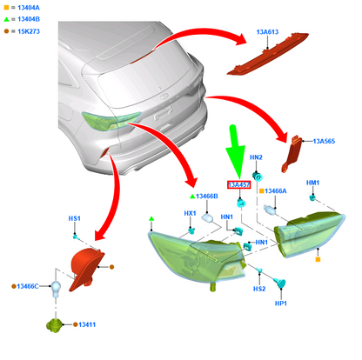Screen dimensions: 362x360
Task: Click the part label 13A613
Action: click(x=267, y=32)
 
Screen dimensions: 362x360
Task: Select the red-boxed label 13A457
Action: click(x=238, y=184)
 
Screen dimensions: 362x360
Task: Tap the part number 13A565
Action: click(x=324, y=141)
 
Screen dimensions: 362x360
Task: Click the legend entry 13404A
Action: click(x=29, y=8)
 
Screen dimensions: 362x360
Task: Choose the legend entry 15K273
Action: click(x=29, y=31)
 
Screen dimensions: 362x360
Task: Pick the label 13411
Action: click(x=87, y=324)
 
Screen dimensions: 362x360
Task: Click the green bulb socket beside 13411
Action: click(x=55, y=325)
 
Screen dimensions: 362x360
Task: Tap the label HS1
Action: click(x=74, y=218)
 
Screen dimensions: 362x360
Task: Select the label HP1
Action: click(x=281, y=303)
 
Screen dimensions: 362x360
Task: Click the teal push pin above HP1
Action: click(x=280, y=283)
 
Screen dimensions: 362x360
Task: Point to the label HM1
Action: click(x=312, y=183)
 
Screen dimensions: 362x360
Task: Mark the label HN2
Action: click(x=256, y=157)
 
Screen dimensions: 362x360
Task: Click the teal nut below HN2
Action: click(x=258, y=176)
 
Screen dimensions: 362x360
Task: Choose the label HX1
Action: click(x=190, y=213)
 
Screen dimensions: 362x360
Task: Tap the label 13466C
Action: click(x=28, y=286)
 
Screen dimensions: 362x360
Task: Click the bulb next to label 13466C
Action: click(x=56, y=289)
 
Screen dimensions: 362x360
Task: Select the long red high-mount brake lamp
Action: click(x=267, y=54)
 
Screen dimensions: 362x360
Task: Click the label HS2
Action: click(x=259, y=289)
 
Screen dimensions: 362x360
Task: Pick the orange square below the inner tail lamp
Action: click(x=318, y=259)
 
